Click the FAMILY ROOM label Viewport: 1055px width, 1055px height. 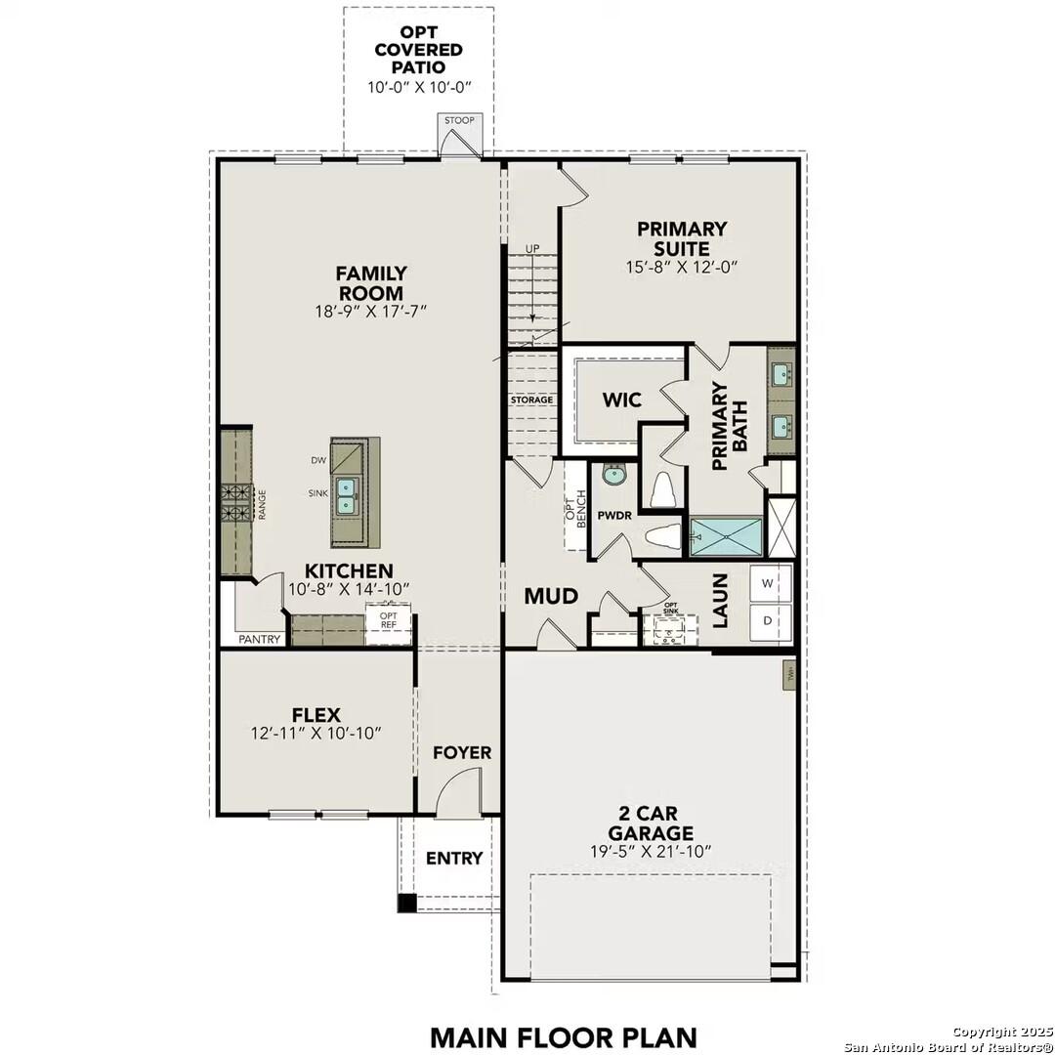pos(371,283)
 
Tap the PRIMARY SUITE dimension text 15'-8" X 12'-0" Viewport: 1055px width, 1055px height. pos(682,266)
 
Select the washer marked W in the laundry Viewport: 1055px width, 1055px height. pos(767,584)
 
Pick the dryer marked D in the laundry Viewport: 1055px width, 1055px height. pos(767,621)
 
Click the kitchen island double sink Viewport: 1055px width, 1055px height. pos(346,495)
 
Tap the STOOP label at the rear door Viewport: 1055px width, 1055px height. pos(459,121)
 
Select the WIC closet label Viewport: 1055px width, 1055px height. pos(621,400)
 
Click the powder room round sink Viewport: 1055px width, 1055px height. pos(614,476)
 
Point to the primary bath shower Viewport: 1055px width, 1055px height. pos(726,536)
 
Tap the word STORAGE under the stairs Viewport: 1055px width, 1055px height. pos(531,401)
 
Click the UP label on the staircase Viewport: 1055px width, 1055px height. pos(532,249)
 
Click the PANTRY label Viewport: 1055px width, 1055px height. pos(260,640)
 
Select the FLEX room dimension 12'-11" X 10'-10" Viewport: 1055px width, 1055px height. pos(316,733)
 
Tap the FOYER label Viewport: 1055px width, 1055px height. pos(462,753)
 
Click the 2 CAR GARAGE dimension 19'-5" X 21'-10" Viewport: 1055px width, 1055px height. pos(651,851)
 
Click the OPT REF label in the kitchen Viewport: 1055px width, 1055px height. pos(388,621)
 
